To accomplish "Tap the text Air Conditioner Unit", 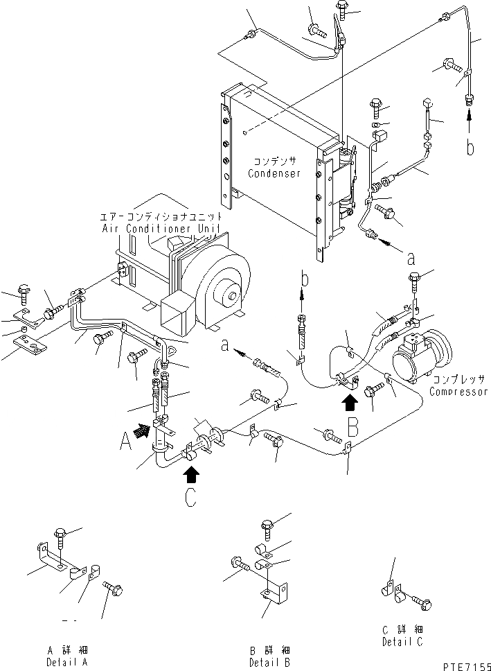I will coord(161,228).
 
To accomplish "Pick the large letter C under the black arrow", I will coord(192,498).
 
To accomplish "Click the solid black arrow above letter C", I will coord(192,475).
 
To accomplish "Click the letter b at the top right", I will coord(470,148).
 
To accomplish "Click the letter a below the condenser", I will coord(411,261).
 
